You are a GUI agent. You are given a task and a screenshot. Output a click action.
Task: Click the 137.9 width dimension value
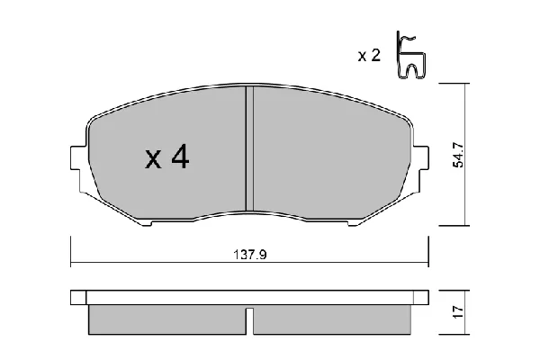[250, 255]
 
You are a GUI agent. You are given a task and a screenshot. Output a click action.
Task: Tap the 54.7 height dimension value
[458, 155]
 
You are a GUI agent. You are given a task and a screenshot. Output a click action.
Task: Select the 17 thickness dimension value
[458, 312]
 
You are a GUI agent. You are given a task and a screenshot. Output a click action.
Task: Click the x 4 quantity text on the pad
[167, 157]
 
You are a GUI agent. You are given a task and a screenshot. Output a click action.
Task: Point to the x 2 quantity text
[369, 55]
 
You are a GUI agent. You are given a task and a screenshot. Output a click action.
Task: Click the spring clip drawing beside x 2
[410, 55]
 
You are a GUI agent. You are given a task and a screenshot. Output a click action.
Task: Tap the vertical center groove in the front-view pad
[249, 148]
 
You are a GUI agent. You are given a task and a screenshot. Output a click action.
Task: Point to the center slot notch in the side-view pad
[249, 321]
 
